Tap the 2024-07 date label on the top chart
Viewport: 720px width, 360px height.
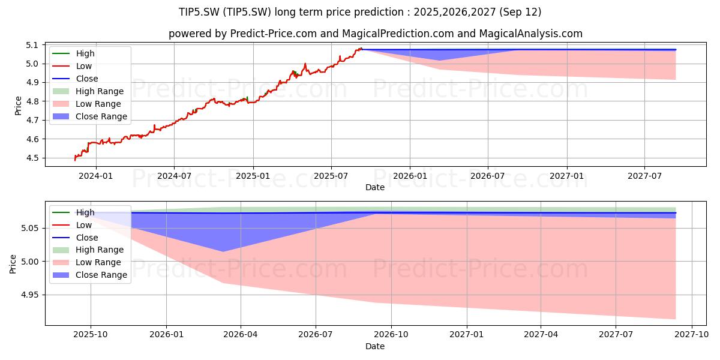click(174, 176)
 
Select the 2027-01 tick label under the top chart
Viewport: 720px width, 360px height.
click(566, 176)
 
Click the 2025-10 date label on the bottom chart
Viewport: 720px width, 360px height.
click(91, 335)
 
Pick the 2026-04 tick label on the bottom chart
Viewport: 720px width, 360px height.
click(241, 335)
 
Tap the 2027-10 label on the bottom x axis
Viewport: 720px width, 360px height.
click(692, 335)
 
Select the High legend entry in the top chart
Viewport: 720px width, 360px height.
click(85, 53)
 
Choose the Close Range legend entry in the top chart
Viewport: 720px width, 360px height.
click(101, 116)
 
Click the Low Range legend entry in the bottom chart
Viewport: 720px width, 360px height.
click(98, 262)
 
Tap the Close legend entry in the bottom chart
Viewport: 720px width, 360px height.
click(87, 238)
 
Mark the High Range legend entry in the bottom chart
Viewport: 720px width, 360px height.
click(100, 250)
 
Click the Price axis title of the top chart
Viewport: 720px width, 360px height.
click(19, 106)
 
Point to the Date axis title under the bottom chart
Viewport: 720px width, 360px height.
click(375, 346)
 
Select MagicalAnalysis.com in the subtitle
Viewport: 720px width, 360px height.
click(530, 34)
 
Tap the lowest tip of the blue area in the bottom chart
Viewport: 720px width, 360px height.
click(223, 251)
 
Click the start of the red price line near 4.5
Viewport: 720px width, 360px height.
click(75, 160)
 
